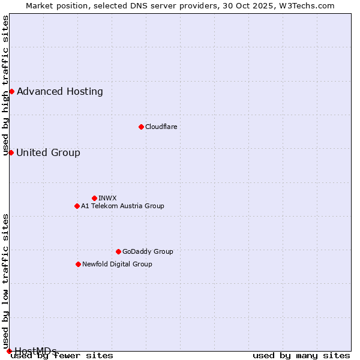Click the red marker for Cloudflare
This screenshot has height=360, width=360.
point(141,127)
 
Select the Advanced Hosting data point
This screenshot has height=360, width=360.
point(11,91)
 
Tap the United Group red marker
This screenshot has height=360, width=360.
point(11,152)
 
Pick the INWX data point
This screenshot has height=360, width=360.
point(94,198)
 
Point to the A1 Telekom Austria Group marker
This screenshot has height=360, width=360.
point(77,206)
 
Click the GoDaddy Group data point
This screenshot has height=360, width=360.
point(118,251)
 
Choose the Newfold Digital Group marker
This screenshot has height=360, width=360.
point(78,264)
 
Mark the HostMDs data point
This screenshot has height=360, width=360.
point(9,351)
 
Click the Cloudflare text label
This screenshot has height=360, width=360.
point(161,127)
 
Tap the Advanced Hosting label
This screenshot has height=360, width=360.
point(60,92)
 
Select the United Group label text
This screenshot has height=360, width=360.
point(48,153)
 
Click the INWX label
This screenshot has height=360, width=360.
point(107,198)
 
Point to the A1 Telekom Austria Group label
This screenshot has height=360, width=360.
point(122,206)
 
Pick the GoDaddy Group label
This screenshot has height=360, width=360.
point(148,251)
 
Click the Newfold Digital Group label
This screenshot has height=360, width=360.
point(117,264)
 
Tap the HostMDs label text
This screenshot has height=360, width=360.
point(35,351)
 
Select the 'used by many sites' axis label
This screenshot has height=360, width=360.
point(301,356)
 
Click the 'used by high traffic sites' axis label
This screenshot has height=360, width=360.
point(5,85)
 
